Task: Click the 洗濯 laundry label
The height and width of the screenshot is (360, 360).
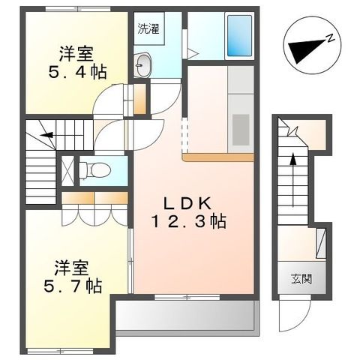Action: (x=146, y=31)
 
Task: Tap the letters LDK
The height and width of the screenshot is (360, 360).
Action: (x=187, y=204)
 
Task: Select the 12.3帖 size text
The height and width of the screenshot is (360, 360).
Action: (x=187, y=222)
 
